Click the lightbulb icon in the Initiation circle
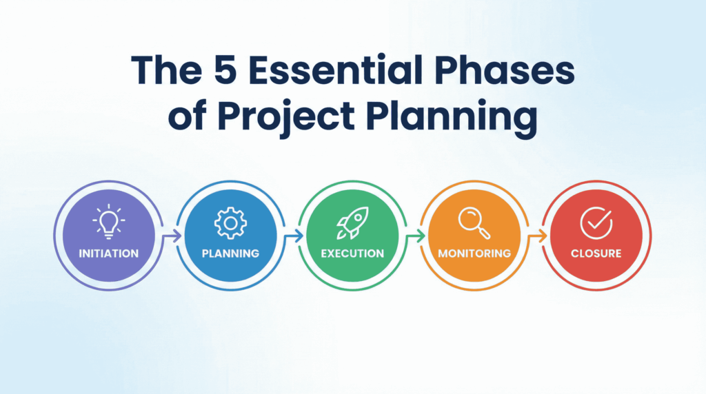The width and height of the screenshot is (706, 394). pos(108,221)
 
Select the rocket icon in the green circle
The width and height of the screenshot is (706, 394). pos(352,222)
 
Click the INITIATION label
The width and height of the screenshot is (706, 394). pos(108,253)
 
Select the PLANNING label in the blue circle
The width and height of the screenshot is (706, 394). pos(230,253)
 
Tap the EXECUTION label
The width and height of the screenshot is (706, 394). pos(352,253)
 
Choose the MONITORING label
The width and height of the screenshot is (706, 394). pos(474,253)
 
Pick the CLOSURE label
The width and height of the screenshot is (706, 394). pos(596,253)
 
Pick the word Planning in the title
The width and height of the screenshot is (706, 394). pos(451,116)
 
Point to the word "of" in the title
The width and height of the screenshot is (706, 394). pos(188,116)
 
